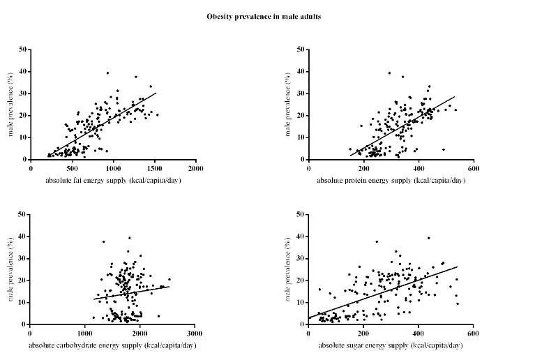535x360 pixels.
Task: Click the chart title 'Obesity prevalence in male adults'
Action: pos(264,15)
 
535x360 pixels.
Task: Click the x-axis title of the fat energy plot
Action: pos(113,181)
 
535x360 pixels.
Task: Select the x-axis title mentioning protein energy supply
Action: pos(391,181)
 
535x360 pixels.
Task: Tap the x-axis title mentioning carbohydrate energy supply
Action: pos(113,346)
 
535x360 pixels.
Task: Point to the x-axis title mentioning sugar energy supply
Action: pos(391,346)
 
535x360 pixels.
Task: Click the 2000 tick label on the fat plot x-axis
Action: pos(196,168)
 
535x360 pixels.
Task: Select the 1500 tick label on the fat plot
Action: pos(155,168)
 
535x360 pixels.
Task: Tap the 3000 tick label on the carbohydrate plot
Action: pos(196,333)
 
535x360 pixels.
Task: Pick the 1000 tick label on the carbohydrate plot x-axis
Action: pos(86,333)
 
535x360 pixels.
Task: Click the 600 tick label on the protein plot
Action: pos(473,168)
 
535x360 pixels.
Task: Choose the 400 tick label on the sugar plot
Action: pos(419,333)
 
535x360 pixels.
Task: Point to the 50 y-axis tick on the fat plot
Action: pos(24,50)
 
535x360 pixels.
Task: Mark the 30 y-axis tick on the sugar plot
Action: pos(301,259)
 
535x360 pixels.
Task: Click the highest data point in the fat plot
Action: pos(107,73)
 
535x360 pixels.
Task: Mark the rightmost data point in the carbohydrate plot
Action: pos(169,279)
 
